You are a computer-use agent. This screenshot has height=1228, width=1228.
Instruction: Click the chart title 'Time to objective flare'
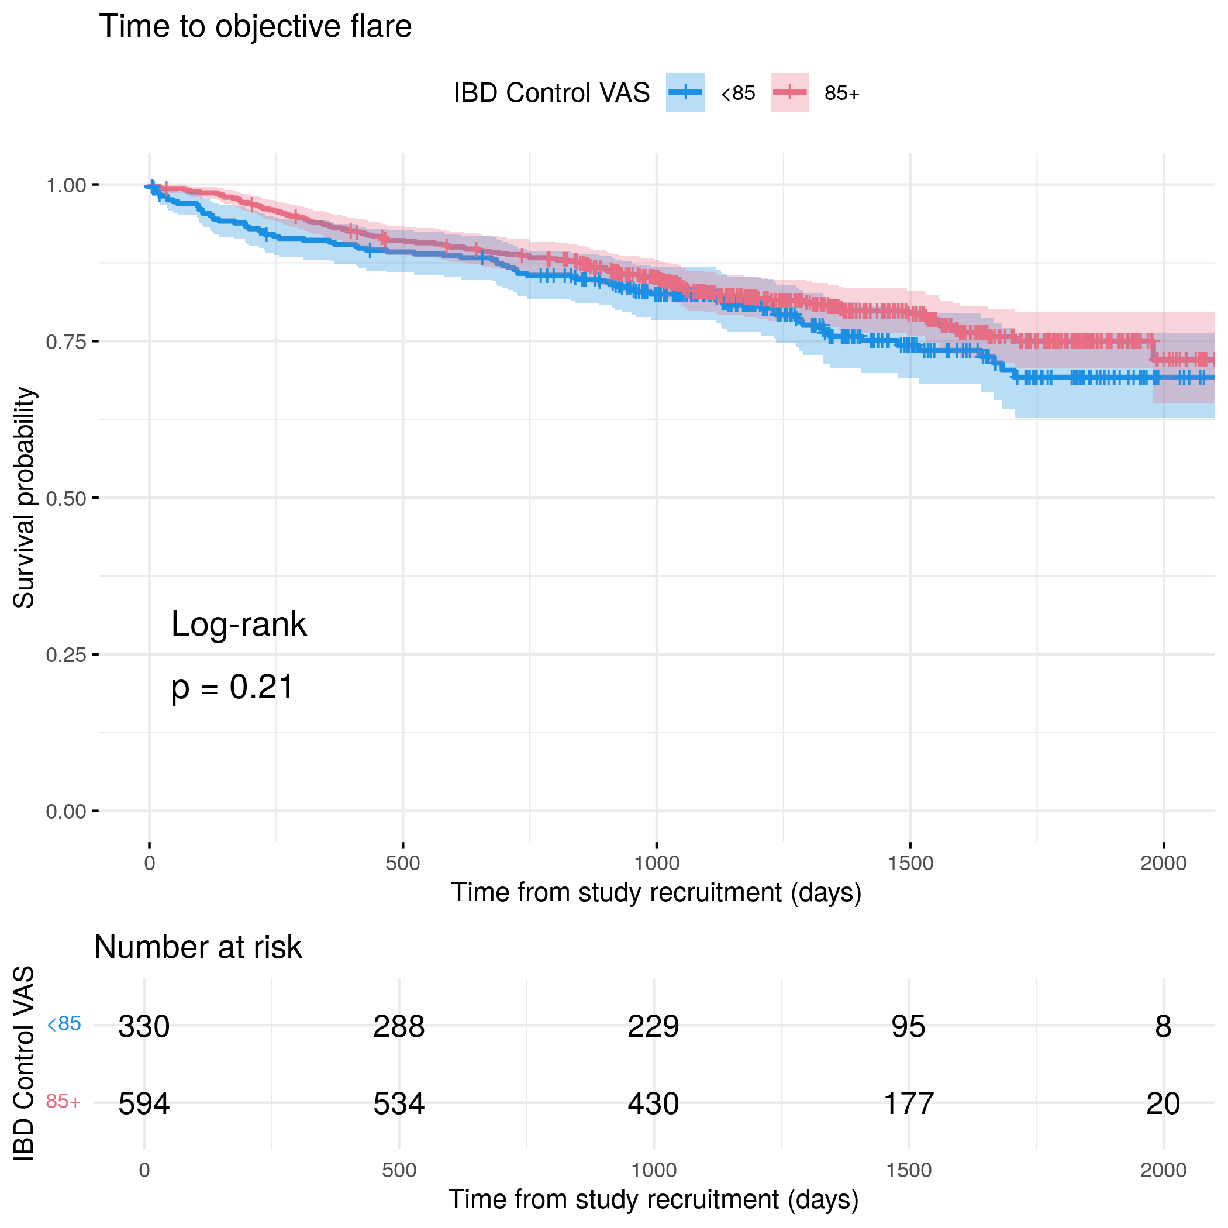[255, 27]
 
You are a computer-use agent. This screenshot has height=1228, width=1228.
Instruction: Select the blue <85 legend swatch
[685, 92]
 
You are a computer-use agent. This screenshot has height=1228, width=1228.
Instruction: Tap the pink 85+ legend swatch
[789, 92]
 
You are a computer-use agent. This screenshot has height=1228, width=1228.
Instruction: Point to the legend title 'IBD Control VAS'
[551, 94]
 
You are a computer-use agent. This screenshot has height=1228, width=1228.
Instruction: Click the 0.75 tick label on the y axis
[65, 342]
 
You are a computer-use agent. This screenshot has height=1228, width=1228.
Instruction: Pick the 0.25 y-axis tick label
[65, 655]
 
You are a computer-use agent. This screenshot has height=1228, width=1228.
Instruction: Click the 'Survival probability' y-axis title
[24, 498]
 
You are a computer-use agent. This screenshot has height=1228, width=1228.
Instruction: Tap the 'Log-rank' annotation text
[239, 624]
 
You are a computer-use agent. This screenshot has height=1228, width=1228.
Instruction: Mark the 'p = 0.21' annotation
[232, 687]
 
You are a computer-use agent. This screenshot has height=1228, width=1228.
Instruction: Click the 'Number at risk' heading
[198, 947]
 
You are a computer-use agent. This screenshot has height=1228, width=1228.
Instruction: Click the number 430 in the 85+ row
[653, 1103]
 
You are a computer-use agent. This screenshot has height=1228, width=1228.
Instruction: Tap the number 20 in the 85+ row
[1163, 1103]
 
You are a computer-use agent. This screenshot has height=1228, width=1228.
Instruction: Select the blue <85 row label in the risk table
[64, 1024]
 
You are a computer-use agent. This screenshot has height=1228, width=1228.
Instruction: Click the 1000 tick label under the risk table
[653, 1170]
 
